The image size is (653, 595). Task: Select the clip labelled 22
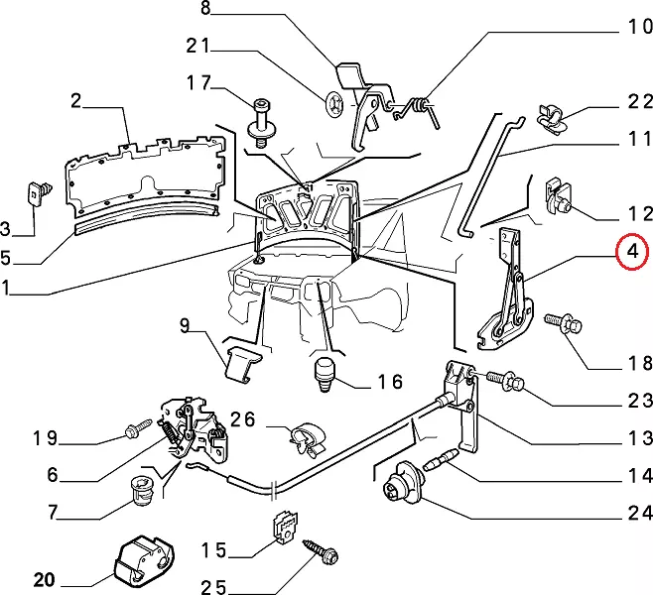click(552, 117)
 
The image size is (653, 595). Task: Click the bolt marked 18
click(557, 324)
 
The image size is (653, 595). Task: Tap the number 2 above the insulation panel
click(75, 99)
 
